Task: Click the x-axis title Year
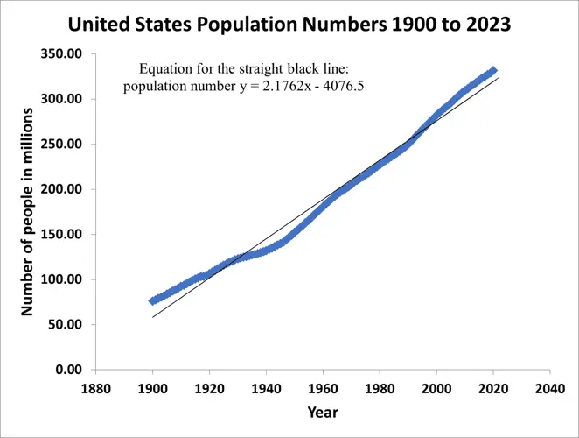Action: coord(322,412)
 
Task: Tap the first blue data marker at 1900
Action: coord(153,300)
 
